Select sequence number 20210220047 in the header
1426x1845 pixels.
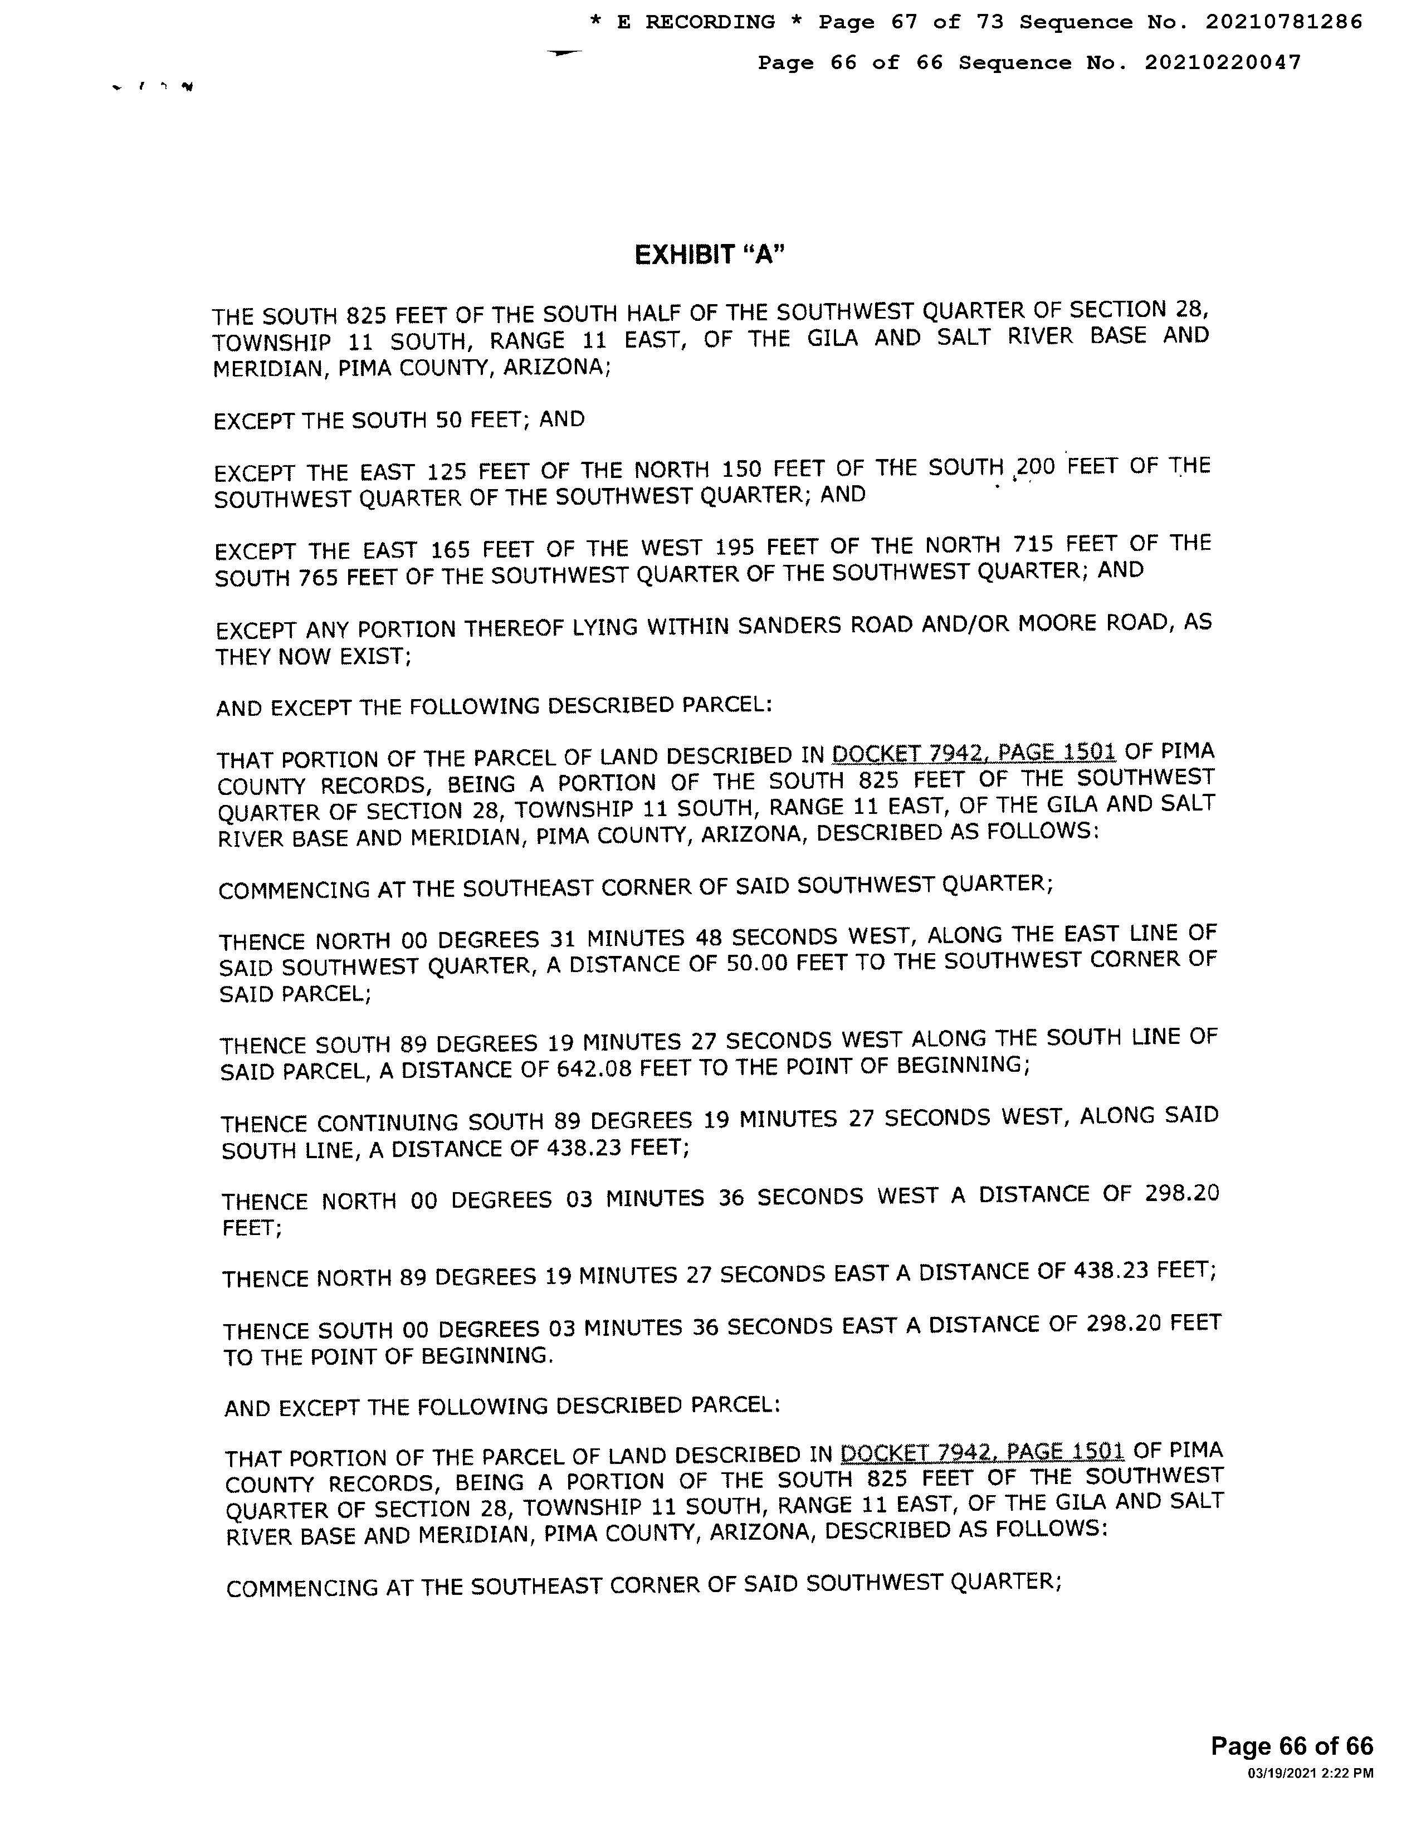click(1223, 62)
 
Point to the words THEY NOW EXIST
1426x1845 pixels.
click(312, 656)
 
